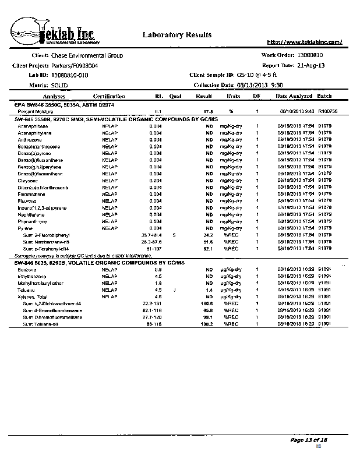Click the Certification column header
click(109, 96)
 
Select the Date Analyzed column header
click(294, 96)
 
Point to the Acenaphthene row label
click(33, 126)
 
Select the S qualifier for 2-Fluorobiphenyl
click(174, 235)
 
